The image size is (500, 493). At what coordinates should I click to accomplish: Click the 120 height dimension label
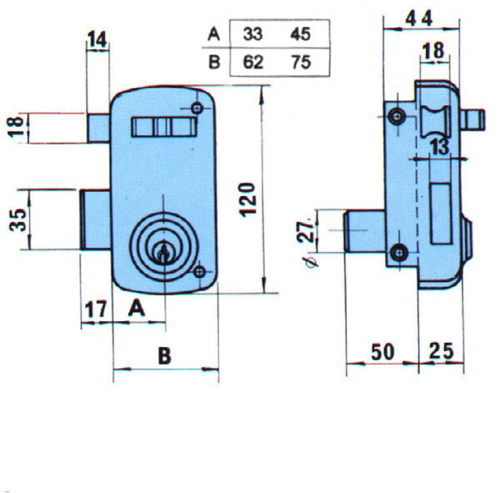pyautogui.click(x=248, y=200)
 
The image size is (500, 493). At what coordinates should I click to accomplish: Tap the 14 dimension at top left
pyautogui.click(x=97, y=39)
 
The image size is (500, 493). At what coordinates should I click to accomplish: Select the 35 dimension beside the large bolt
pyautogui.click(x=18, y=220)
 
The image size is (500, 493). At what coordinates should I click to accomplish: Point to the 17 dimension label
pyautogui.click(x=96, y=310)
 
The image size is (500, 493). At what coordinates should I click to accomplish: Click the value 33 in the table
pyautogui.click(x=253, y=34)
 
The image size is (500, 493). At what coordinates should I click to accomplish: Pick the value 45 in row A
pyautogui.click(x=300, y=34)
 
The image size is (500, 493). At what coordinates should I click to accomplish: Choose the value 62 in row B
pyautogui.click(x=253, y=63)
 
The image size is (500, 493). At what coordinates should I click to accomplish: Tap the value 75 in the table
pyautogui.click(x=301, y=63)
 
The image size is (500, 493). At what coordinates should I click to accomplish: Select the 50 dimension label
pyautogui.click(x=382, y=352)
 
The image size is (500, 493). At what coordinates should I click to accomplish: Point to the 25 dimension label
pyautogui.click(x=441, y=351)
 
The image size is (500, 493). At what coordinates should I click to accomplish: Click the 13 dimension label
pyautogui.click(x=440, y=147)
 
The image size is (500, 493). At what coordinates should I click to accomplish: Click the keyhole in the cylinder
pyautogui.click(x=164, y=252)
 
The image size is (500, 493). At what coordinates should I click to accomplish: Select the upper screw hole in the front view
pyautogui.click(x=197, y=108)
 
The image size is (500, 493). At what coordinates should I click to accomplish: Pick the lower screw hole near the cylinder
pyautogui.click(x=199, y=272)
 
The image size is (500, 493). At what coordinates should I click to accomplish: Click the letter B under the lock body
pyautogui.click(x=164, y=356)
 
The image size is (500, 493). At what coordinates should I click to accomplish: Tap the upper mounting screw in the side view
pyautogui.click(x=397, y=116)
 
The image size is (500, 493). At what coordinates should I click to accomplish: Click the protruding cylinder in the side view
pyautogui.click(x=364, y=231)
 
